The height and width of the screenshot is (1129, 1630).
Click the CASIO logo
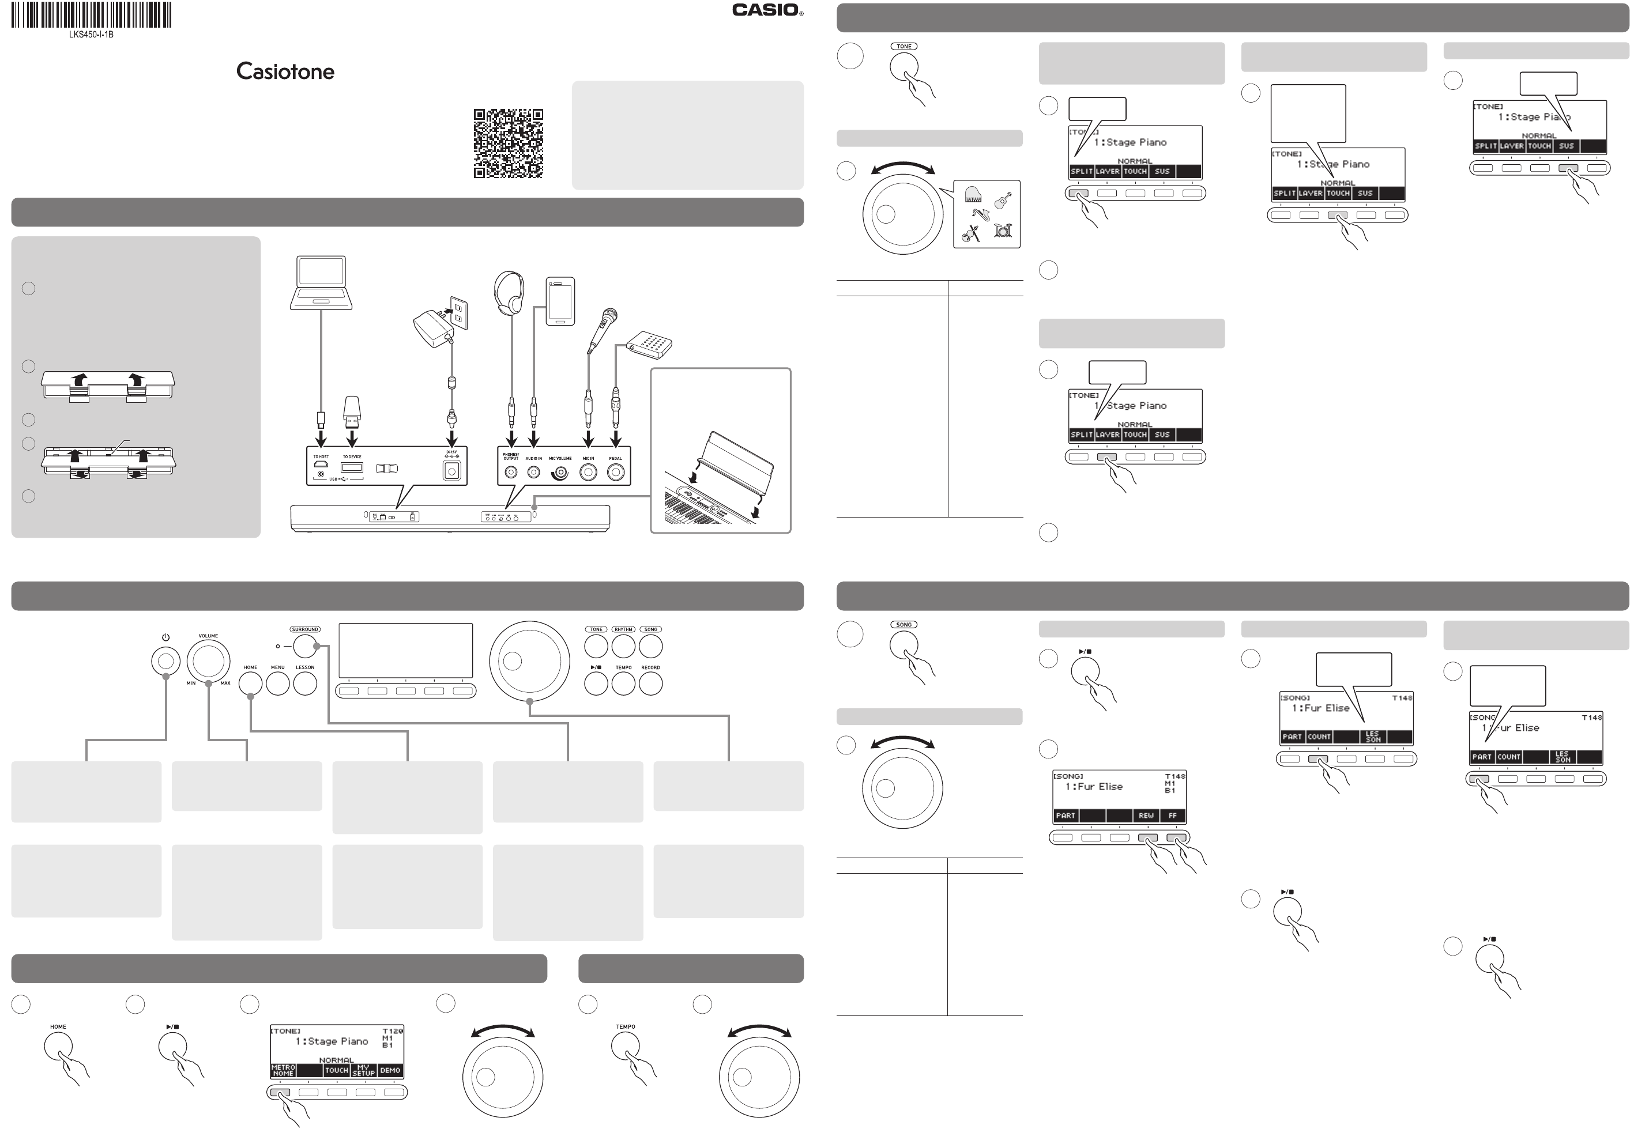click(x=766, y=10)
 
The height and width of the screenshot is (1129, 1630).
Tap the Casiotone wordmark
click(x=285, y=71)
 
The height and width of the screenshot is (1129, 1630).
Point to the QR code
click(x=508, y=144)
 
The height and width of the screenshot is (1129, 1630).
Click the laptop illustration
click(x=321, y=283)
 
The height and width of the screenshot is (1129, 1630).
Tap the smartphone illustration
click(x=560, y=301)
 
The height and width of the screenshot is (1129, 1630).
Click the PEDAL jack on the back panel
click(x=616, y=473)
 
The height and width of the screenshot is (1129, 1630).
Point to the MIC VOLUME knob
click(x=560, y=473)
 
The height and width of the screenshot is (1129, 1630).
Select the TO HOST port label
click(x=321, y=457)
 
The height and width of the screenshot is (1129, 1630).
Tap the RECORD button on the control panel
click(x=650, y=684)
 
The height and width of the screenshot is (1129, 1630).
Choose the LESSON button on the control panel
click(x=305, y=684)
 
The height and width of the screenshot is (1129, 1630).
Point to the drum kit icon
click(x=1002, y=230)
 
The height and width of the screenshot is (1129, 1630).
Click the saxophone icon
click(x=981, y=214)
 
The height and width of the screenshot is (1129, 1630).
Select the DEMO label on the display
click(x=390, y=1070)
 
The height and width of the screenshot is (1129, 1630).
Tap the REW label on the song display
click(x=1146, y=815)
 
